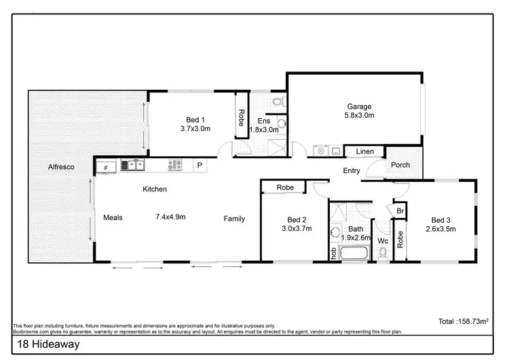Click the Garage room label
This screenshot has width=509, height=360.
[359, 107]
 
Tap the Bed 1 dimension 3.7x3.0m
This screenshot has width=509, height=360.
[195, 128]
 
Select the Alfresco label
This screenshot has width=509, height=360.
[60, 166]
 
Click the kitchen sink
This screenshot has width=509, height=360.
[132, 164]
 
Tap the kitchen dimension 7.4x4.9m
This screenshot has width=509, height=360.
[170, 217]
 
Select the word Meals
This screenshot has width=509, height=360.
[112, 218]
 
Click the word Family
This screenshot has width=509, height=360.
[235, 219]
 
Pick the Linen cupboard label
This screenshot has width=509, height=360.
[364, 151]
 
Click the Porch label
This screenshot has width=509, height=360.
[400, 164]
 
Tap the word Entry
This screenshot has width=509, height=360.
[352, 171]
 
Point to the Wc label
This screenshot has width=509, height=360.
[382, 241]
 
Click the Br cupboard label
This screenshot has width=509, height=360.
[400, 212]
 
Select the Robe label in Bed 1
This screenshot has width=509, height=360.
[241, 119]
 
